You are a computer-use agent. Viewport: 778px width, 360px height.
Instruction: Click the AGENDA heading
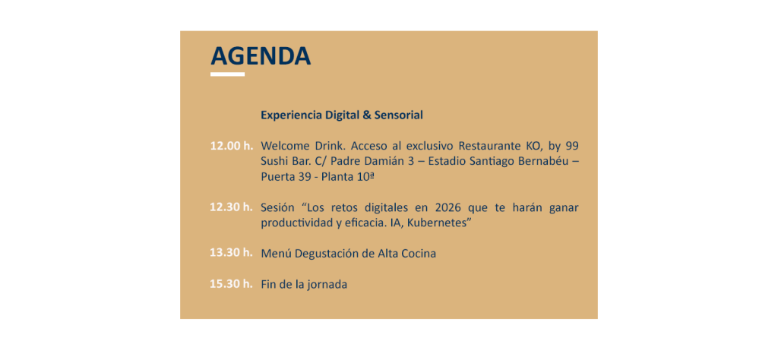click(261, 56)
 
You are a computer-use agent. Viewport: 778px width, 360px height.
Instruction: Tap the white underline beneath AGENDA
click(227, 74)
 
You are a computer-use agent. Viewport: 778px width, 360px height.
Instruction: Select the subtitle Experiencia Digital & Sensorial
click(342, 115)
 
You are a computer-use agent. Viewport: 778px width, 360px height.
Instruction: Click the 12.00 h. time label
click(231, 147)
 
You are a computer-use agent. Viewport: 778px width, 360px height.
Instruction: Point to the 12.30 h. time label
click(231, 207)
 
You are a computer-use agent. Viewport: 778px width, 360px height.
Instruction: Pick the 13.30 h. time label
click(231, 252)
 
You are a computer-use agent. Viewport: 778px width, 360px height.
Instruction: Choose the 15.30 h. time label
click(231, 284)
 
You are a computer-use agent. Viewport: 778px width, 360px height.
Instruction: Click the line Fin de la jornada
click(304, 285)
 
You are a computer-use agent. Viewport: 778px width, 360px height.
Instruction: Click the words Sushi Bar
click(283, 162)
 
